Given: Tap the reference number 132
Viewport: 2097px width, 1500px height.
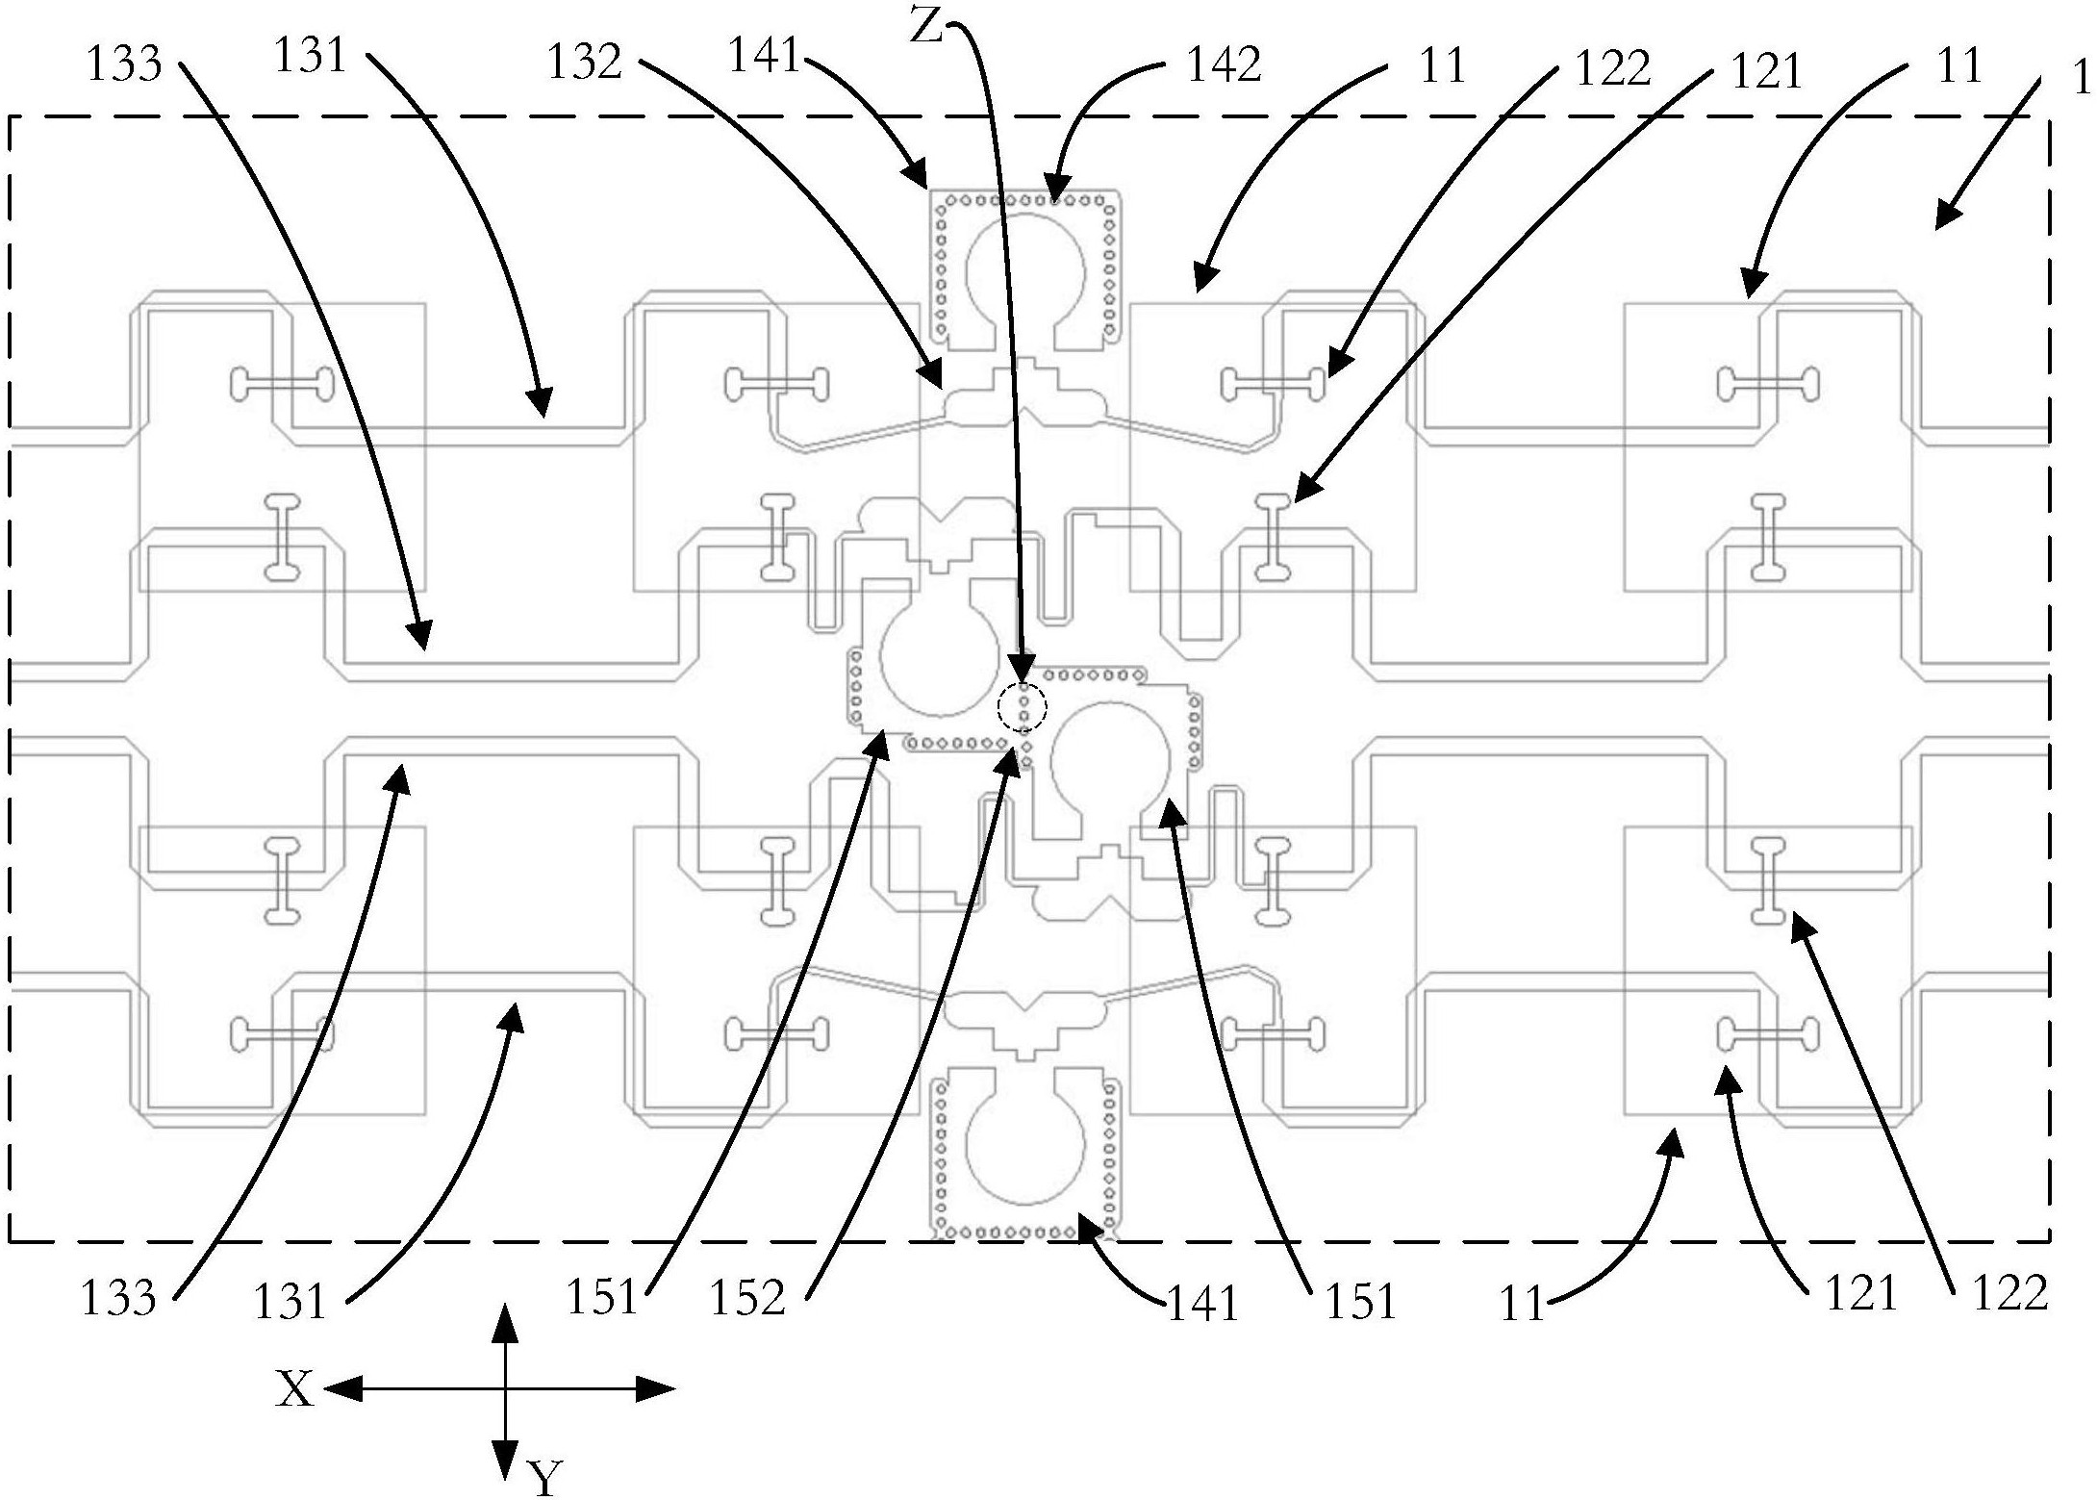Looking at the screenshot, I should (x=584, y=63).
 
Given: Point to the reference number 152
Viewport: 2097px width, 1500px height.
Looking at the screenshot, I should (x=747, y=1298).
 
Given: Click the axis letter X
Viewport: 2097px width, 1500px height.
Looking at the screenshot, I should (x=294, y=1389).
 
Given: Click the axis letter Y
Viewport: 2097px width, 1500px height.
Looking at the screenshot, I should (x=544, y=1476).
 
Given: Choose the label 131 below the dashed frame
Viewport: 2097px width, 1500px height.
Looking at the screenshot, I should (x=290, y=1302).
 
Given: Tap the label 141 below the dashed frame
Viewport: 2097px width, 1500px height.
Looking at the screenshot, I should (x=1201, y=1306).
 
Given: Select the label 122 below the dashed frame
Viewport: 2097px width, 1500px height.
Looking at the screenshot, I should (x=2009, y=1294).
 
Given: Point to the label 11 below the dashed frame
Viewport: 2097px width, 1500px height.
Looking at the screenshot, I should (x=1521, y=1306).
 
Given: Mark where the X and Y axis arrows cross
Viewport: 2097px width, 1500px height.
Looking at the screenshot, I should (x=505, y=1388).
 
